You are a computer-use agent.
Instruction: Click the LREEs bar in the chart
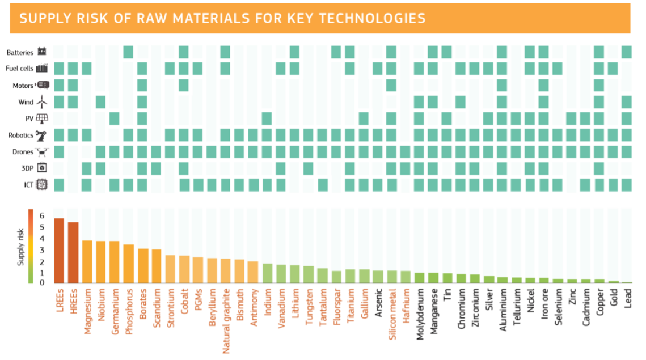(x=59, y=251)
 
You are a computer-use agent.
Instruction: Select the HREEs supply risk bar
(x=73, y=253)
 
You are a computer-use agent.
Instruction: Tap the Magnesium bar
(x=87, y=262)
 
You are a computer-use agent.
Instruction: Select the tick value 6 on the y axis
(x=41, y=215)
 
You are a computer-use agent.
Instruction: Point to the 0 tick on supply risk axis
(x=41, y=282)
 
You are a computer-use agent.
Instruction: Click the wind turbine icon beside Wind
(x=41, y=103)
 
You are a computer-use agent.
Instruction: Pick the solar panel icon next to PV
(x=42, y=119)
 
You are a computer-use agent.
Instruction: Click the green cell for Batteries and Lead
(x=627, y=52)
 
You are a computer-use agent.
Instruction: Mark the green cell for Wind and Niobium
(x=100, y=102)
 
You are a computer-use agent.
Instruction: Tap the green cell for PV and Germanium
(x=114, y=118)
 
